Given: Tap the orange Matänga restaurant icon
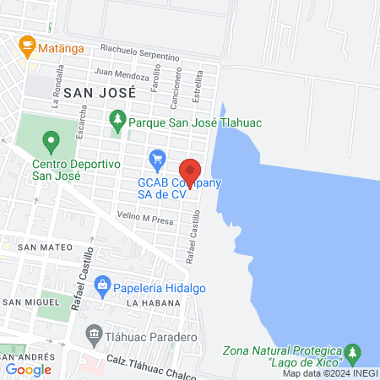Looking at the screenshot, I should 27,43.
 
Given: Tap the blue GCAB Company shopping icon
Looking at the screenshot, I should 156,158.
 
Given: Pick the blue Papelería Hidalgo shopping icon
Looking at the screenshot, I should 103,284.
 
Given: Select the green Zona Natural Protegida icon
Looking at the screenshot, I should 356,351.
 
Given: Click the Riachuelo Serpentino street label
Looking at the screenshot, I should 139,52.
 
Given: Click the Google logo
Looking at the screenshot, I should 28,369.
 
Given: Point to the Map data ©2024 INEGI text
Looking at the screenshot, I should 329,373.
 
